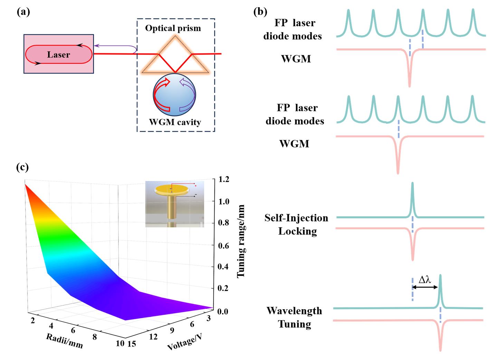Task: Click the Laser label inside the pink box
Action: click(58, 55)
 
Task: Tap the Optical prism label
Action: click(173, 28)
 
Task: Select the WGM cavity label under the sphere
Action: click(175, 122)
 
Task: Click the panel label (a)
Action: click(23, 12)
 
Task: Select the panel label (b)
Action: click(260, 12)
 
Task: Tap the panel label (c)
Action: click(22, 167)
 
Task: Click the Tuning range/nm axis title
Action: click(241, 241)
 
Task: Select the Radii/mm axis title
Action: click(65, 341)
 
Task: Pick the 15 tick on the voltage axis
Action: click(132, 343)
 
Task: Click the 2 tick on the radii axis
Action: click(33, 321)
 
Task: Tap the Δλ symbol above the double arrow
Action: click(425, 280)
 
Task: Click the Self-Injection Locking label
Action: click(296, 225)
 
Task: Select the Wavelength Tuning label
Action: click(294, 317)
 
